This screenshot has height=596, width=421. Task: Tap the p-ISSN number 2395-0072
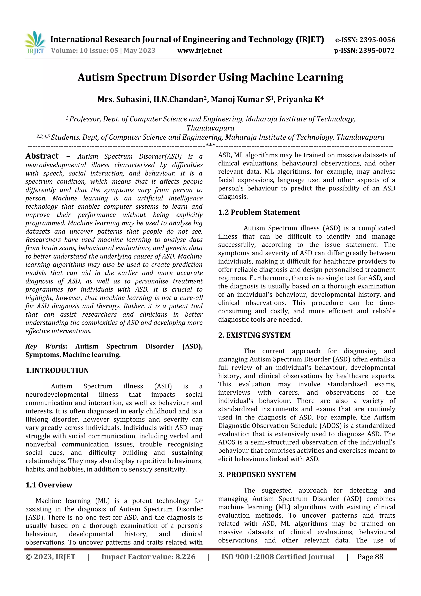click(377, 50)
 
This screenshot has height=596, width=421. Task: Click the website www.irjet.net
click(200, 50)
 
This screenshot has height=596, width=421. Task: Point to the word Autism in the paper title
click(96, 77)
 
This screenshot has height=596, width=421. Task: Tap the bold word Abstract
click(42, 156)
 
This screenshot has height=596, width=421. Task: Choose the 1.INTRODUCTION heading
click(57, 371)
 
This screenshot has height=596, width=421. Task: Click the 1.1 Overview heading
click(49, 485)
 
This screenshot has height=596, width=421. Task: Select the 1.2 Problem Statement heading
click(259, 212)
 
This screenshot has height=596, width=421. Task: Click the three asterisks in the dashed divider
click(210, 145)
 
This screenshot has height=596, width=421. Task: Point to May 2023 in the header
click(139, 50)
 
